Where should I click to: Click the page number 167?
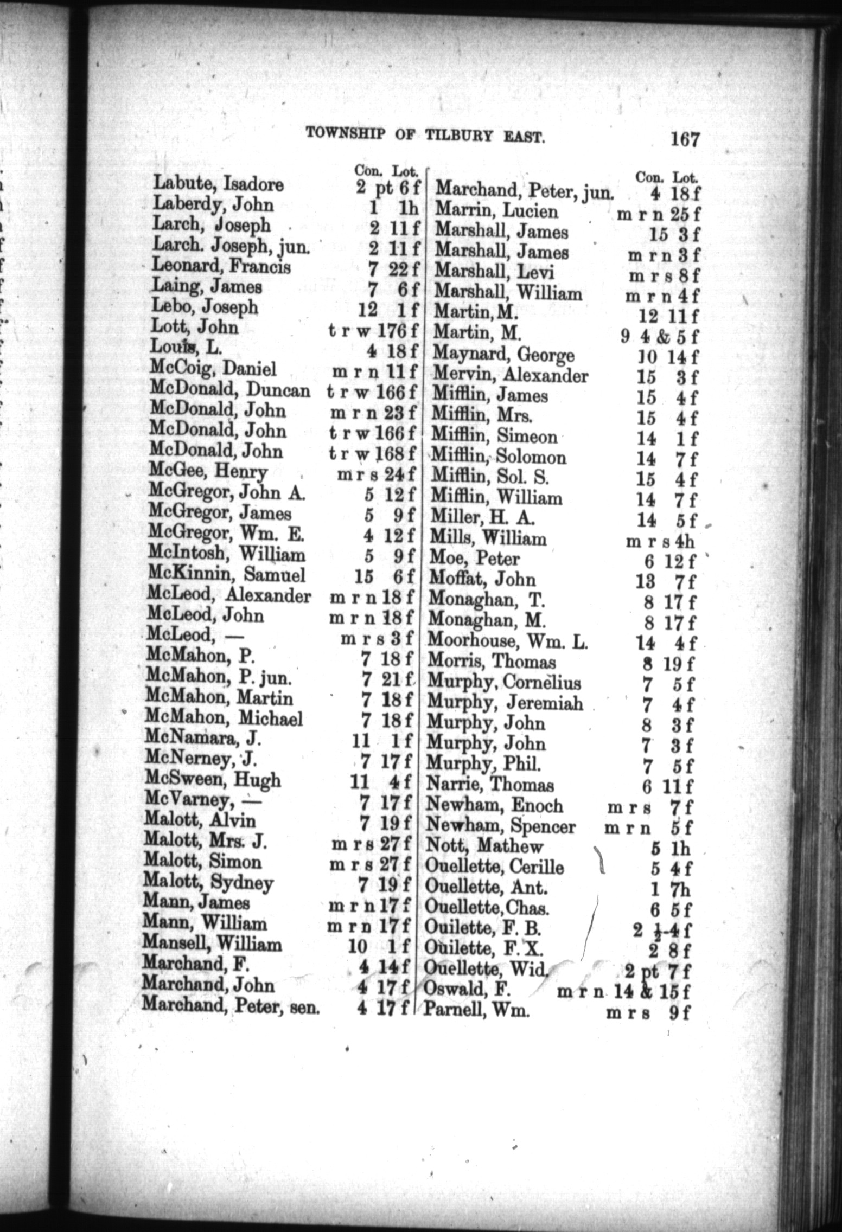coord(685,139)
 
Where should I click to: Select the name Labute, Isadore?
coord(218,185)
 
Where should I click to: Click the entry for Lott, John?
coord(196,328)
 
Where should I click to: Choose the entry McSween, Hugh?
coord(213,780)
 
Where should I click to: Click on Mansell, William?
coord(212,945)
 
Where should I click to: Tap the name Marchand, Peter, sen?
coord(231,1005)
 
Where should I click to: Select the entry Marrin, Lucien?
coord(496,211)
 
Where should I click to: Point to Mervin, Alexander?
coord(510,375)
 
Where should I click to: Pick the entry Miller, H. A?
coord(482,519)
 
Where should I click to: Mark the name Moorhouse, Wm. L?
coord(508,642)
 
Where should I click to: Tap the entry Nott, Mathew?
coord(484,847)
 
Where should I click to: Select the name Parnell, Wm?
coord(477,1011)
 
